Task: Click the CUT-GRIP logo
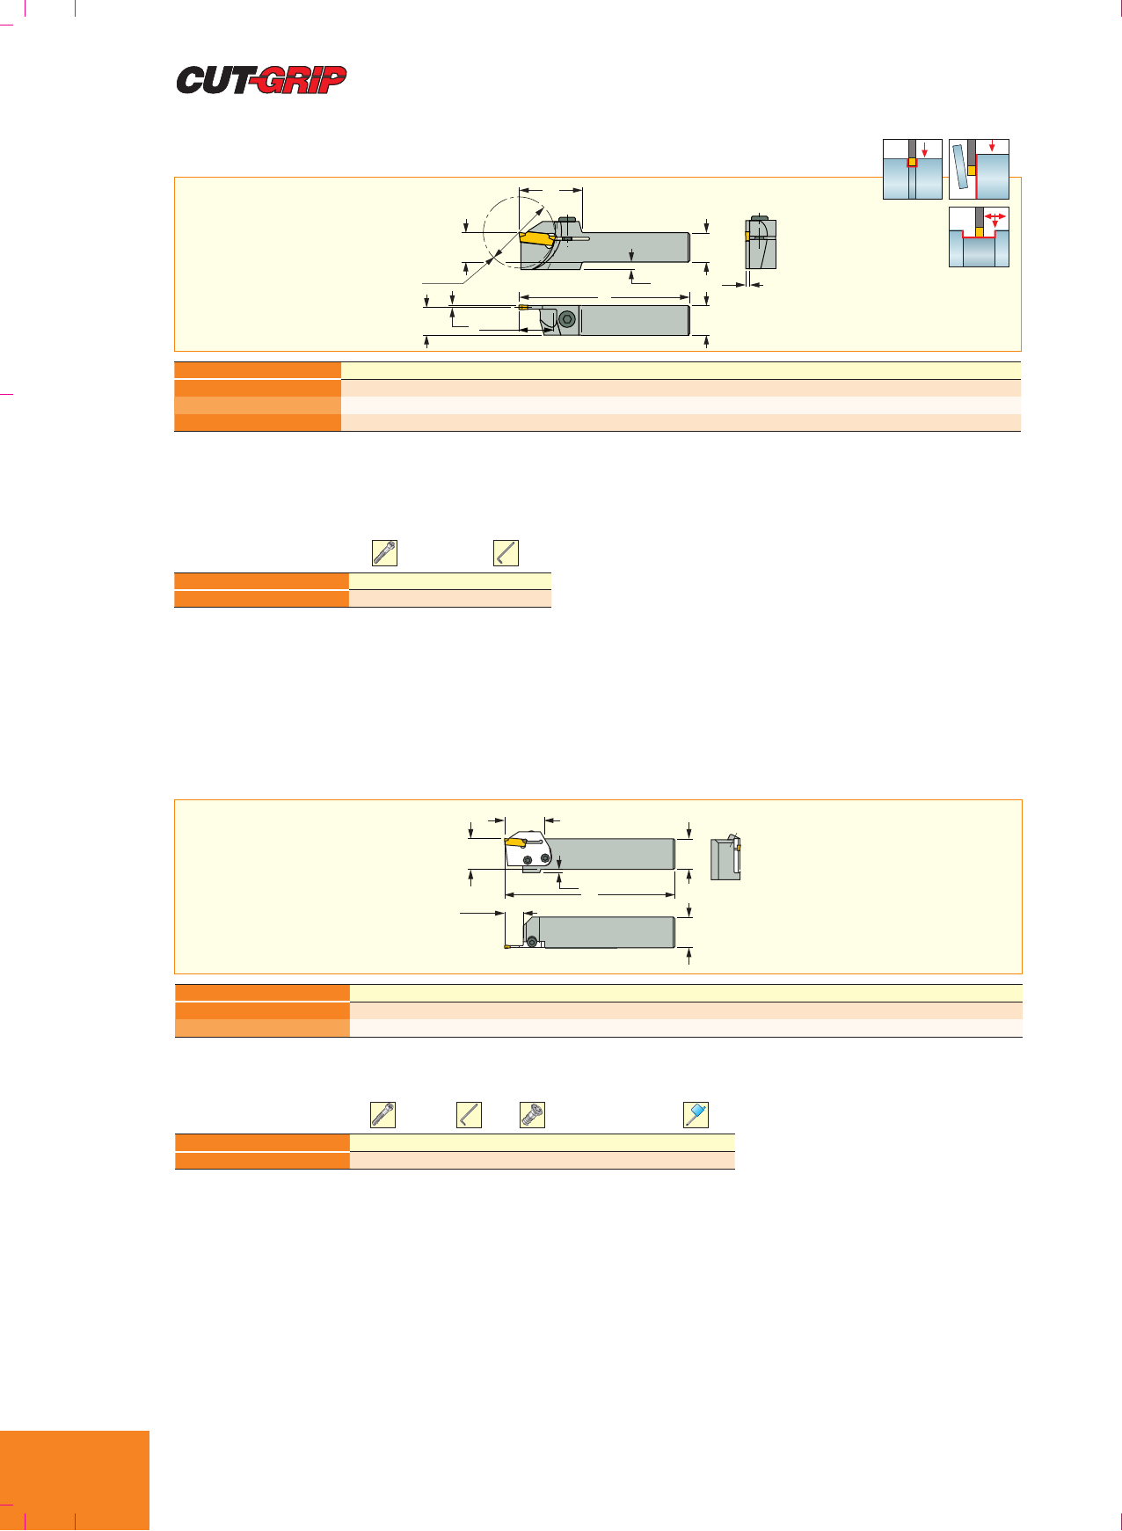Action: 261,80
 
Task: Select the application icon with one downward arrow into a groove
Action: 913,169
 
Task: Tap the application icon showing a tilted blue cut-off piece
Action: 979,169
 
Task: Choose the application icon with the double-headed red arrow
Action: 979,237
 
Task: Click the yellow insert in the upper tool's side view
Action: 535,237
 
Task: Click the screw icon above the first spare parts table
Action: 385,552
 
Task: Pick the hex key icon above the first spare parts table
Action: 506,552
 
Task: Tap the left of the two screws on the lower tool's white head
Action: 528,860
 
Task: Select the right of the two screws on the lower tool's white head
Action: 545,858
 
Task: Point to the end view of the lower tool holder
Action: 725,857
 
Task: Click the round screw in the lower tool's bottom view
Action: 532,942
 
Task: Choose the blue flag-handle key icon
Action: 696,1115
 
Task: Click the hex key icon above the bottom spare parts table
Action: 470,1115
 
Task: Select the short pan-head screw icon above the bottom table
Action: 532,1115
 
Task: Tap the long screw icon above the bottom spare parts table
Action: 383,1115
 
